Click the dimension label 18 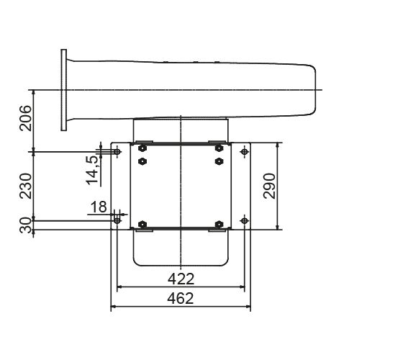(x=97, y=207)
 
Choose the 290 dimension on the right (x=269, y=186)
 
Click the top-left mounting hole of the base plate (x=117, y=152)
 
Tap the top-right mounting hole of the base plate (x=245, y=152)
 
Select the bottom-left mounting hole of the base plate (x=117, y=219)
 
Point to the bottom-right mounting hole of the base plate (x=245, y=219)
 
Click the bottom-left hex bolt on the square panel (x=142, y=224)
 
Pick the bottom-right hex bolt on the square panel (x=219, y=224)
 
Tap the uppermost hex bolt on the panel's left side (x=142, y=149)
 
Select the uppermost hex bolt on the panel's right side (x=219, y=149)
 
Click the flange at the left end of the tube (x=64, y=89)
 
